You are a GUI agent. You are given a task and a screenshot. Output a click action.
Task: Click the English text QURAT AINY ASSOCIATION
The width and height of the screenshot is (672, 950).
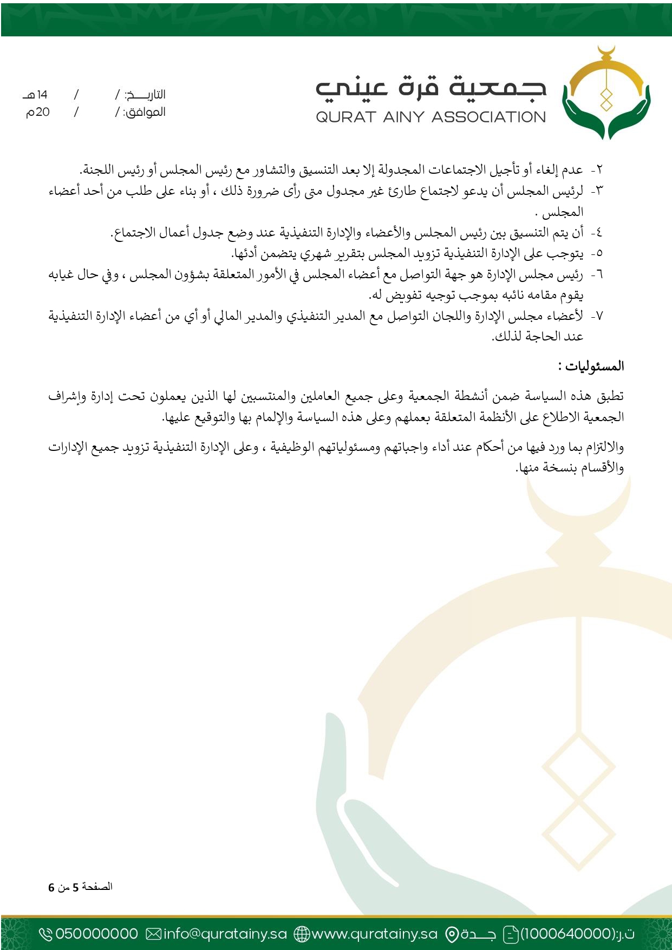pos(430,117)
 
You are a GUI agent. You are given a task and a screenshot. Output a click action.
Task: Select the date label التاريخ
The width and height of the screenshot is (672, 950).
pos(145,95)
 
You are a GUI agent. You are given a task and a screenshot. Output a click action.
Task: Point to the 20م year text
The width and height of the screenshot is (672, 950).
pos(38,113)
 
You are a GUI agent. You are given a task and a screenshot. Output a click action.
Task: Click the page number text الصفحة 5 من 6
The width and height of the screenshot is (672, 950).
pos(80,887)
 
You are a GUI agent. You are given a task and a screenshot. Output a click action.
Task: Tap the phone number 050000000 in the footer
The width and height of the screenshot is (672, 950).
pos(97,934)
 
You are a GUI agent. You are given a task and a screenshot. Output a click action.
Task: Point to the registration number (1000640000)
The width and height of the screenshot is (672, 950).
pos(568,934)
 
